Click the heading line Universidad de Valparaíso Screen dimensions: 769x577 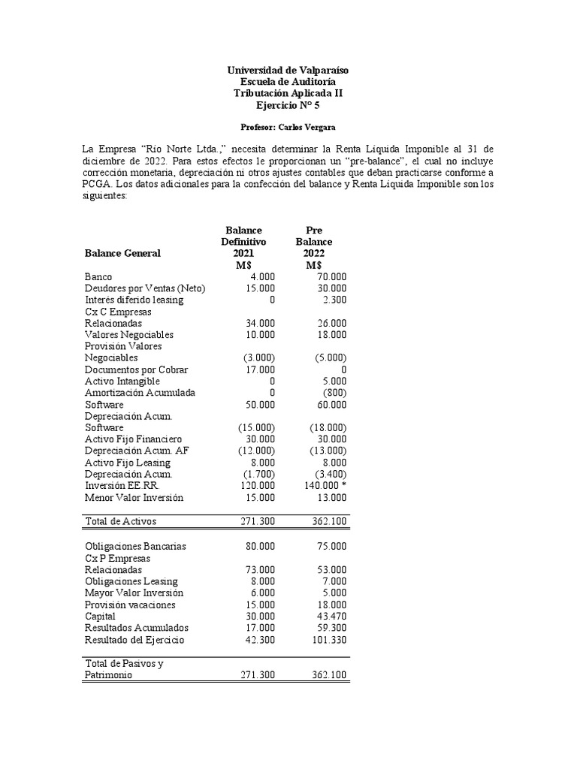[x=288, y=70]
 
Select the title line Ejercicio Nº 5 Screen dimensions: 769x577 [x=288, y=104]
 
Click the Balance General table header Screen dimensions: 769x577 [x=122, y=253]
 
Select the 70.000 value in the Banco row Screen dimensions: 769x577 [x=331, y=276]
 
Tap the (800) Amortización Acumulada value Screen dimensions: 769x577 [x=334, y=393]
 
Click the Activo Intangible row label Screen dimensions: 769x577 [x=122, y=381]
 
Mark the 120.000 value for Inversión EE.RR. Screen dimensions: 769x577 [x=258, y=485]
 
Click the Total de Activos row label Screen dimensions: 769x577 [x=121, y=520]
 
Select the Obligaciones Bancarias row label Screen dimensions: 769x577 [x=136, y=546]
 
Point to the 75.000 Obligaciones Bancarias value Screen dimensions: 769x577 [x=331, y=546]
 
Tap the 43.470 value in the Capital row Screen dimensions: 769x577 [x=331, y=616]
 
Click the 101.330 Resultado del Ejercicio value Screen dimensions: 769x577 [x=328, y=639]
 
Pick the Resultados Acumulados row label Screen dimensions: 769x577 [x=137, y=628]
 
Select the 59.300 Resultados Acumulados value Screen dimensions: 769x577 [x=331, y=628]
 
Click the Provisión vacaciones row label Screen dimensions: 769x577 [x=130, y=605]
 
